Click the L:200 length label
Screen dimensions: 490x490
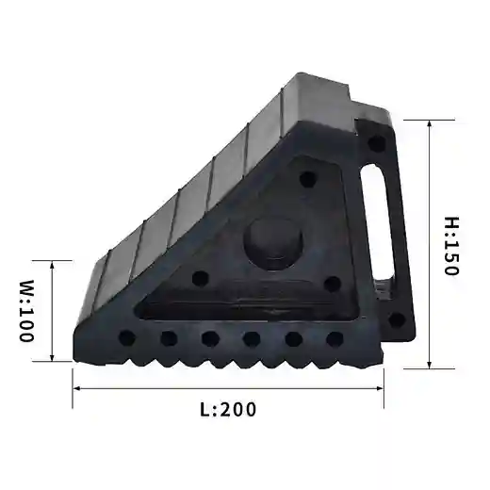tap(228, 409)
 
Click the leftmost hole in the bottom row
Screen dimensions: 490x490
tap(127, 336)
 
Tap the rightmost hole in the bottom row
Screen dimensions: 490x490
tap(334, 338)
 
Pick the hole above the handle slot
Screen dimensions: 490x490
tap(376, 144)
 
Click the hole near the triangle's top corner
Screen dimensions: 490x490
tap(306, 179)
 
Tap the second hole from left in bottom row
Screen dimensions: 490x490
tap(170, 337)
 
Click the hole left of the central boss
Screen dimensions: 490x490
tap(200, 279)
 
